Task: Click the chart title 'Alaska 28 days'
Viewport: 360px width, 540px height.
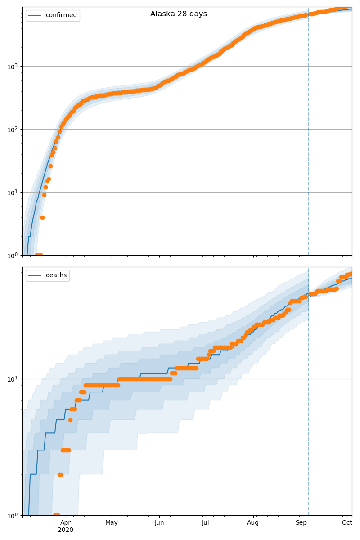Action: [179, 14]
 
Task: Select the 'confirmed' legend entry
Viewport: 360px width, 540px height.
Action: [61, 15]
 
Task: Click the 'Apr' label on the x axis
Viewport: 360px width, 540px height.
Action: [66, 523]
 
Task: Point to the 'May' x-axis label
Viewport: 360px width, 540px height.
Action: [112, 523]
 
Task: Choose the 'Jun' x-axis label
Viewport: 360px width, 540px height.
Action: [159, 523]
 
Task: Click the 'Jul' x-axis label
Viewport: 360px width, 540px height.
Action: [205, 523]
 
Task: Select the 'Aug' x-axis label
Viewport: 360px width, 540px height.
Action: [253, 523]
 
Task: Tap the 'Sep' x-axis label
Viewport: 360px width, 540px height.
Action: [301, 523]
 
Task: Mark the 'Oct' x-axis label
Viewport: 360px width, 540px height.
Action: [347, 523]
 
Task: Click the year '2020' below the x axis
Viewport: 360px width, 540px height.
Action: [66, 530]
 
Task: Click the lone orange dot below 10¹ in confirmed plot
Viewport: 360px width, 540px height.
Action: [42, 217]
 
